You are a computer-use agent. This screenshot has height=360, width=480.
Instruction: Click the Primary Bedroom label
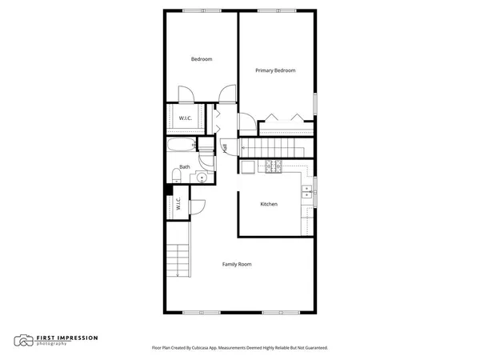pyautogui.click(x=275, y=70)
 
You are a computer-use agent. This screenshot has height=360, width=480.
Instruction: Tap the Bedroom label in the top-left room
pyautogui.click(x=201, y=59)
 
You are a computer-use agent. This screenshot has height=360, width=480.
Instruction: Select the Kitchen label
pyautogui.click(x=269, y=204)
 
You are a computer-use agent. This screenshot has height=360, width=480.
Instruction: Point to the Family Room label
pyautogui.click(x=237, y=263)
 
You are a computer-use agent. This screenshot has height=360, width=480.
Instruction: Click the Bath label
pyautogui.click(x=185, y=166)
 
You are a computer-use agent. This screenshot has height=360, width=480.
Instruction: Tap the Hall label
pyautogui.click(x=225, y=147)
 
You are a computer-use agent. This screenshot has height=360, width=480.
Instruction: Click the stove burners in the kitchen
pyautogui.click(x=274, y=166)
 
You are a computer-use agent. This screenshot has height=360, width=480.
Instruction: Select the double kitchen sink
pyautogui.click(x=306, y=191)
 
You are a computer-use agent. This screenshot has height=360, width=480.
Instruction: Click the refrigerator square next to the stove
pyautogui.click(x=248, y=166)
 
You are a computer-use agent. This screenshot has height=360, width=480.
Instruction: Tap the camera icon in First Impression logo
pyautogui.click(x=24, y=340)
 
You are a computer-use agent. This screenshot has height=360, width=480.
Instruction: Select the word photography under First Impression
pyautogui.click(x=51, y=343)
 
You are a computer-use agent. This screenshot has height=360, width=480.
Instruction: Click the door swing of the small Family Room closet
pyautogui.click(x=198, y=205)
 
